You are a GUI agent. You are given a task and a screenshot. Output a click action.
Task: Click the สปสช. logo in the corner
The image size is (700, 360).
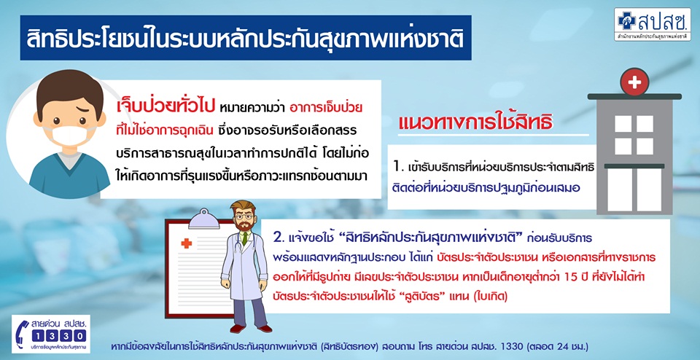pyautogui.click(x=652, y=24)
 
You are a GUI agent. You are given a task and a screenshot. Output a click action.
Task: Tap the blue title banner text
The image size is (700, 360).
pyautogui.click(x=245, y=38)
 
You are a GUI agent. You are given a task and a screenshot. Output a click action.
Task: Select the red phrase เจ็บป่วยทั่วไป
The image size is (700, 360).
pyautogui.click(x=166, y=109)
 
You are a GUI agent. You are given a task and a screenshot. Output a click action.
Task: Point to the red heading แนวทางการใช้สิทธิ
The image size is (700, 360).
pyautogui.click(x=475, y=122)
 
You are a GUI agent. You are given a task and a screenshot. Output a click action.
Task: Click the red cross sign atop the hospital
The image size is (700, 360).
pyautogui.click(x=634, y=82)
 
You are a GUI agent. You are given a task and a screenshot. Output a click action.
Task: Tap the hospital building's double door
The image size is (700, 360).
pyautogui.click(x=634, y=189)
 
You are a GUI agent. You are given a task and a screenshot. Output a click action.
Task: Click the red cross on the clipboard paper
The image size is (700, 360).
pyautogui.click(x=186, y=243)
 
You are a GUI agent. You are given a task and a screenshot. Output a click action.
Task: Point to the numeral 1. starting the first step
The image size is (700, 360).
pyautogui.click(x=399, y=168)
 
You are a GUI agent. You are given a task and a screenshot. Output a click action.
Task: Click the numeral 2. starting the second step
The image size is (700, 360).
pyautogui.click(x=280, y=238)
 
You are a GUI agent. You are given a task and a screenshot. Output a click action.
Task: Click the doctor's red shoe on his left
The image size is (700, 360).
pyautogui.click(x=264, y=329)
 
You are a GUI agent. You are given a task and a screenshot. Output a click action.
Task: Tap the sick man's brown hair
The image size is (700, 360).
pyautogui.click(x=70, y=91)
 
